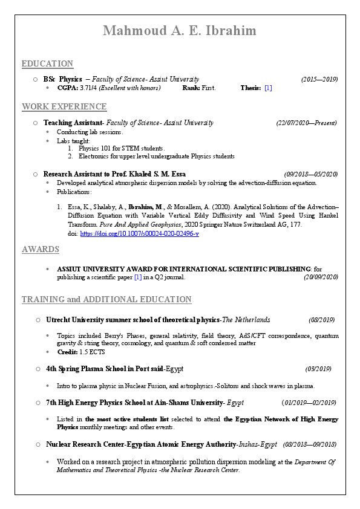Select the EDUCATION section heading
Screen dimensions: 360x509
(x=47, y=63)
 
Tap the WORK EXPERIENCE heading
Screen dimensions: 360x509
(x=64, y=107)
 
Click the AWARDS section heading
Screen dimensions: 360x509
(x=41, y=249)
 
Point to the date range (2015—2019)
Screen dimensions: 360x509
(x=319, y=79)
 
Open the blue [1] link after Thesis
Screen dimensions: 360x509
(x=268, y=88)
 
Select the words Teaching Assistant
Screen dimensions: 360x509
(x=74, y=123)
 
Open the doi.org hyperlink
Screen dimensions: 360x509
(x=139, y=234)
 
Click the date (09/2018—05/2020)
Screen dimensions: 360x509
(x=310, y=174)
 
